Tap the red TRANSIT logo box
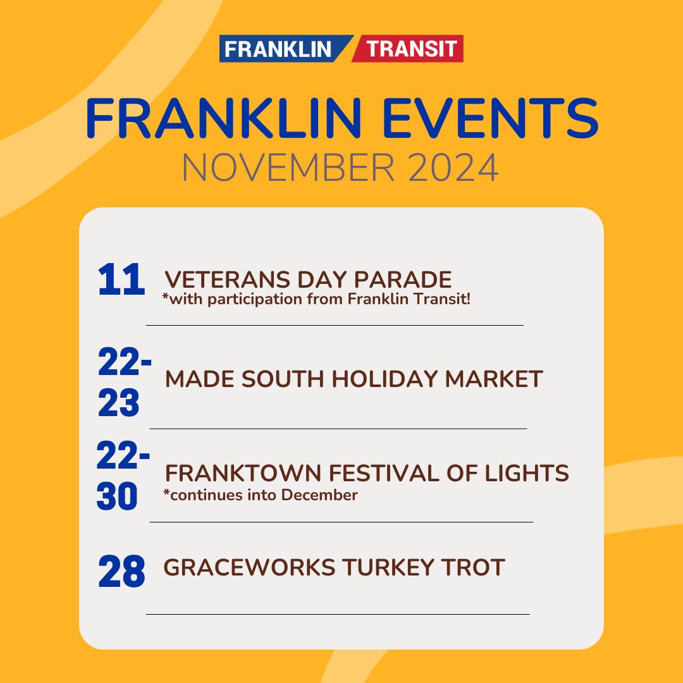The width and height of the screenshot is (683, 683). (411, 49)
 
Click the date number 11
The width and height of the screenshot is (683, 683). (121, 281)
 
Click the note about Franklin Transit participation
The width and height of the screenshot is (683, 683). (316, 298)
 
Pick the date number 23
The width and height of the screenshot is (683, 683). (119, 404)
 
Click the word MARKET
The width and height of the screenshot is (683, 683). (494, 379)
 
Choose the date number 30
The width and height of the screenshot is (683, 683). (117, 497)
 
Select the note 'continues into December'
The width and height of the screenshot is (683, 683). (260, 495)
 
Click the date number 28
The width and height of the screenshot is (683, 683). (121, 572)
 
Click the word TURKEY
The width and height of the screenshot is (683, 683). (388, 567)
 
